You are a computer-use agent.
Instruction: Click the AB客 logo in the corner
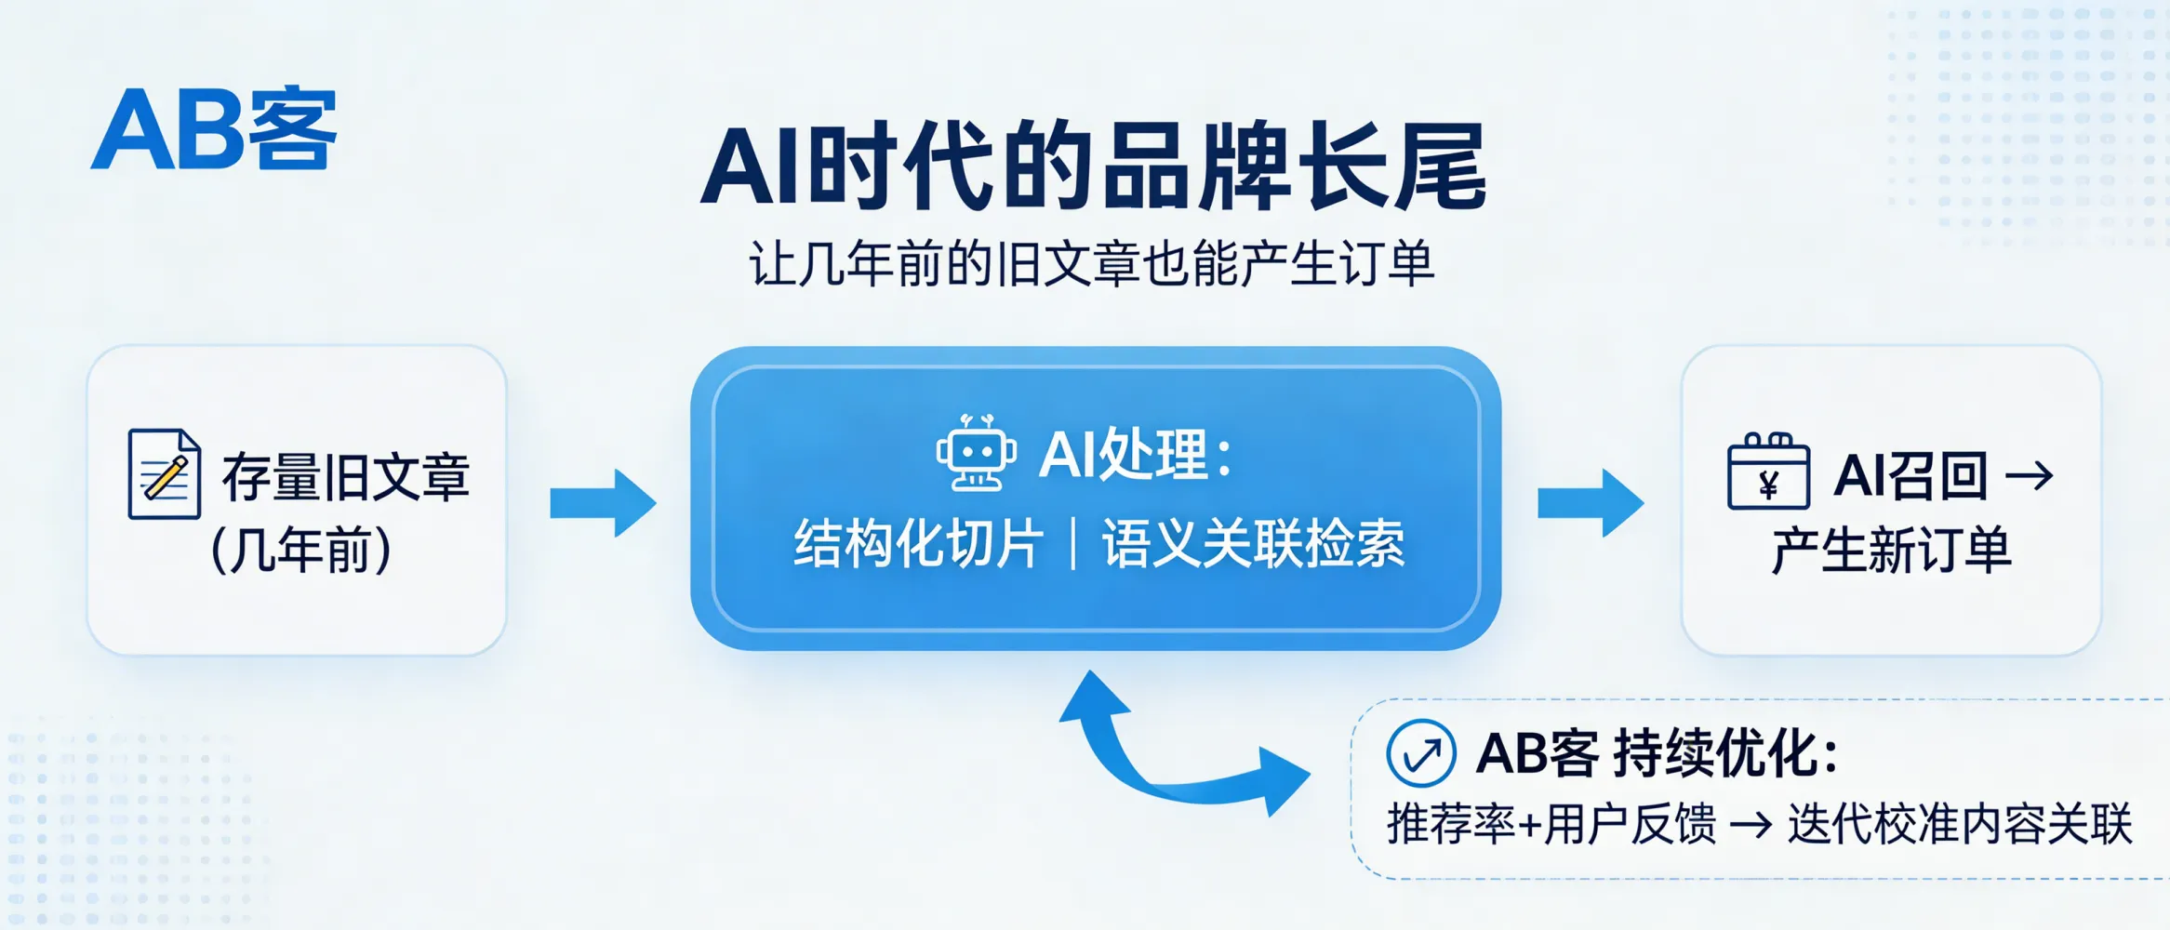point(214,130)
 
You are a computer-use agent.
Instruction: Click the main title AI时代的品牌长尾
point(1093,168)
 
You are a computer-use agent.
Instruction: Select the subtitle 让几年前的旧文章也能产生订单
point(1092,264)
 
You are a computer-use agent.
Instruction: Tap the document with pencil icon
point(165,473)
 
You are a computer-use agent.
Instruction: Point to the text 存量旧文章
point(345,477)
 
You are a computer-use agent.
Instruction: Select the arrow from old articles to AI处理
point(603,503)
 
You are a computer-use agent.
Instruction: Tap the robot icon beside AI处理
point(976,453)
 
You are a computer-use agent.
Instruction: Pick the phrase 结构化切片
point(919,544)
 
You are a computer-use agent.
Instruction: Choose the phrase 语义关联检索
point(1254,544)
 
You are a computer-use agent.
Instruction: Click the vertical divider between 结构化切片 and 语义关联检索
point(1074,544)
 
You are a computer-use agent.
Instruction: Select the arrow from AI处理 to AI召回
point(1591,503)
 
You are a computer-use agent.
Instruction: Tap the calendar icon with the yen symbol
point(1768,472)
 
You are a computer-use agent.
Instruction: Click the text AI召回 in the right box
point(1910,476)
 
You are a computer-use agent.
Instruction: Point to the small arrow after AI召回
point(2030,476)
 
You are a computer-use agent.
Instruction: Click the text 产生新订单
point(1891,550)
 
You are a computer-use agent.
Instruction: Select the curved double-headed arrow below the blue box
point(1181,753)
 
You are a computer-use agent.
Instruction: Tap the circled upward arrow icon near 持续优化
point(1420,753)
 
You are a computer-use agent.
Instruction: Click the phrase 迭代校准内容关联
point(1960,824)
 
